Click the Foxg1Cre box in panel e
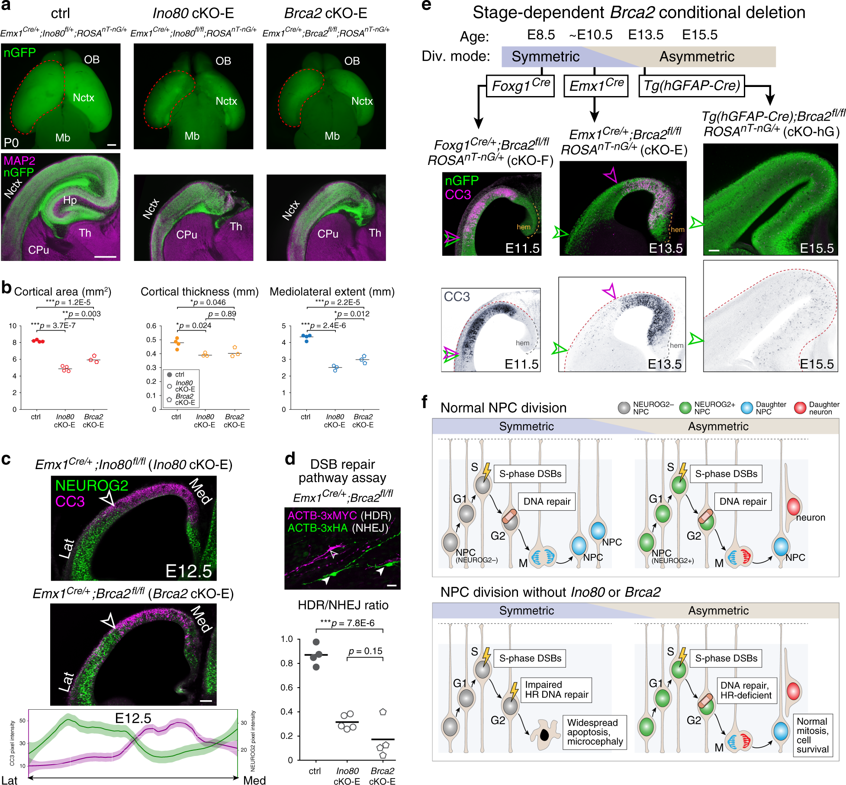(x=521, y=86)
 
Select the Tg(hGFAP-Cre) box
(x=692, y=86)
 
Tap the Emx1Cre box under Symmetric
(x=596, y=86)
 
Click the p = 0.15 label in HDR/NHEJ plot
(x=365, y=651)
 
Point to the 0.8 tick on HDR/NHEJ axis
(x=287, y=663)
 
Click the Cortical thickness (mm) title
(x=199, y=292)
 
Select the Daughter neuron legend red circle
(x=800, y=408)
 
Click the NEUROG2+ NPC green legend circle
(x=685, y=408)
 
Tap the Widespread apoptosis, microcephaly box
(x=595, y=732)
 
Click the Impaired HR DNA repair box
(x=556, y=690)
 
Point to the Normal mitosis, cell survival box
(x=812, y=735)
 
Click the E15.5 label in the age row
(x=699, y=35)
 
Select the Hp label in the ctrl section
(x=70, y=200)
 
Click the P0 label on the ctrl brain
(x=11, y=142)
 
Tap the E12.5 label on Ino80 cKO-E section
(x=189, y=571)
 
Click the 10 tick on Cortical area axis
(x=13, y=326)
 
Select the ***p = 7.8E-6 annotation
(x=347, y=623)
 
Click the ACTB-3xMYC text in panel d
(x=322, y=515)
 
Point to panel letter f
(x=425, y=402)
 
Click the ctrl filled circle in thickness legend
(x=170, y=374)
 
